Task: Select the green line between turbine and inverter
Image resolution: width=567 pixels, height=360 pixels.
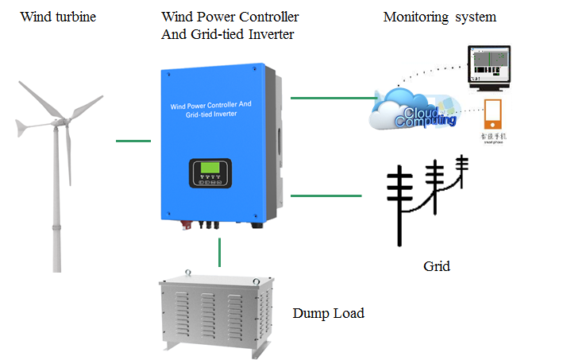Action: (x=133, y=141)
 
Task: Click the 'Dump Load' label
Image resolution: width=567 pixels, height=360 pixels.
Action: (x=328, y=313)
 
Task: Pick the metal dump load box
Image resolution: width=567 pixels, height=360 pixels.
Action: (x=214, y=312)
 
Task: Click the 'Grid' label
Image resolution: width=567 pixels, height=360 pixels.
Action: (x=436, y=266)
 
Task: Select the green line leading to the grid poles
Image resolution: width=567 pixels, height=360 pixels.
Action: (x=326, y=195)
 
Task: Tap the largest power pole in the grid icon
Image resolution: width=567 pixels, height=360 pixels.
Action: (x=401, y=207)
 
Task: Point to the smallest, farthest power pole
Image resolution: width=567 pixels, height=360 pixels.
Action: (x=463, y=168)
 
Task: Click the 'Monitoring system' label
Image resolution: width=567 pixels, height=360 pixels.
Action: (x=439, y=17)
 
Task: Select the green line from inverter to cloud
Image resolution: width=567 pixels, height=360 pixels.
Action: (x=334, y=99)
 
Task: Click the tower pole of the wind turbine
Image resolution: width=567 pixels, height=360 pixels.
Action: (x=56, y=207)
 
